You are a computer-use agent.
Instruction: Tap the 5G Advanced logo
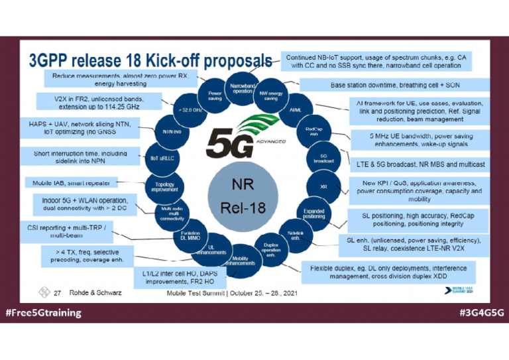243,139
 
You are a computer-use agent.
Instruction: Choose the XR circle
323,186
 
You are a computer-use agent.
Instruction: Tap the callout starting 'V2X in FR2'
98,101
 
